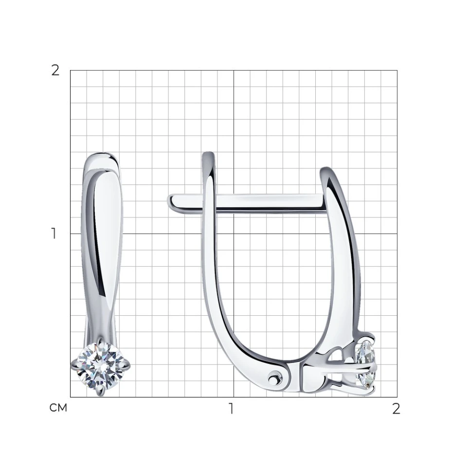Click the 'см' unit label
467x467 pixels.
click(58, 408)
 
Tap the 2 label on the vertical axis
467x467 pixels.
click(55, 71)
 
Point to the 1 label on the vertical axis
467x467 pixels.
click(54, 233)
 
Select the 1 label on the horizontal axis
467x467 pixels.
click(231, 409)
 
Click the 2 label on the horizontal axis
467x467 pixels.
click(396, 409)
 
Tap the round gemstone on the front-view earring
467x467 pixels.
click(100, 365)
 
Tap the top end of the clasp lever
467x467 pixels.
click(208, 154)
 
